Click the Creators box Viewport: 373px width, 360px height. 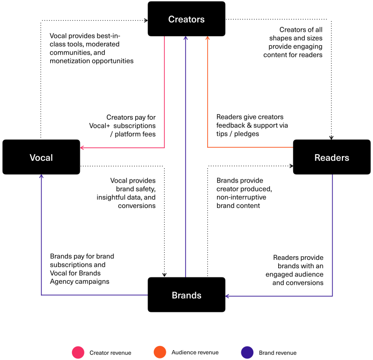pos(187,19)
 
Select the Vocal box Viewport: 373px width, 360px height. pos(41,157)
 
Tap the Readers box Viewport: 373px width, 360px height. pos(332,157)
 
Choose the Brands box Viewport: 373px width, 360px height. pos(187,295)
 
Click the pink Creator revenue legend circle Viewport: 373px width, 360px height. pos(78,352)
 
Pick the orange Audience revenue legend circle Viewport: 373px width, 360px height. pos(160,352)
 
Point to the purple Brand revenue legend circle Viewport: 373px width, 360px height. pos(247,352)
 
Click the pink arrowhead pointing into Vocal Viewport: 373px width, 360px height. pos(82,148)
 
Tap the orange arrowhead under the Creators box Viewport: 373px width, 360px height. pos(207,38)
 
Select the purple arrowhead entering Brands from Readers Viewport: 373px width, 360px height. pos(227,296)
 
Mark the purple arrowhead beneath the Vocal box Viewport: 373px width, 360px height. pos(41,176)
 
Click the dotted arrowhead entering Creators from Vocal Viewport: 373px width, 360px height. pos(146,20)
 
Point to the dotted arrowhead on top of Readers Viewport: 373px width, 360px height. pos(332,137)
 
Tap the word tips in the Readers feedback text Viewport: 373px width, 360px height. pos(222,134)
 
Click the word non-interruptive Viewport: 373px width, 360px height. pos(241,197)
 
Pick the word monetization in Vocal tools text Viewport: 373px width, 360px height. pos(70,61)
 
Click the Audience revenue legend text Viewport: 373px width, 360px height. pos(195,352)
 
